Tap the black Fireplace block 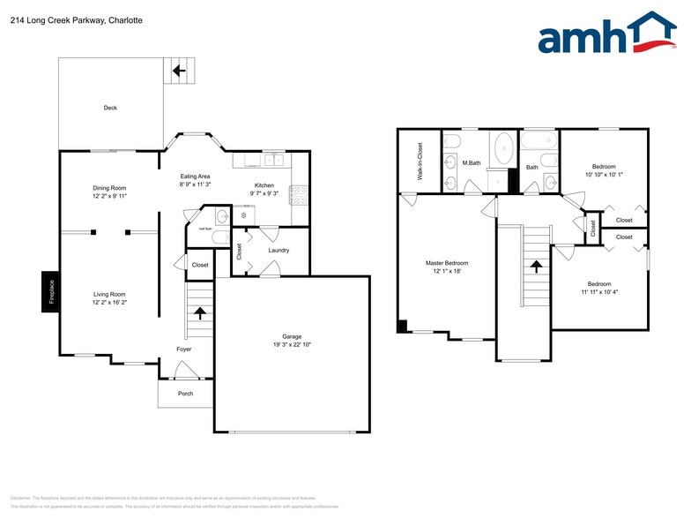pos(50,290)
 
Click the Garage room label pos(292,336)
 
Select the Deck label pos(110,108)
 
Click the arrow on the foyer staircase pos(201,312)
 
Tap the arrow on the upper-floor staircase pos(535,266)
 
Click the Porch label pos(185,394)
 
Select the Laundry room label pos(279,250)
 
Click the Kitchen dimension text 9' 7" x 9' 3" pos(264,193)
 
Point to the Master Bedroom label pos(447,263)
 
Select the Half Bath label pos(204,229)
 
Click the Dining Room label pos(110,187)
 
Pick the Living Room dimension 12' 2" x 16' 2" pos(110,303)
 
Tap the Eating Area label pos(195,177)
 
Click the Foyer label pos(183,349)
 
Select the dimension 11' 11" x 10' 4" pos(601,292)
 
